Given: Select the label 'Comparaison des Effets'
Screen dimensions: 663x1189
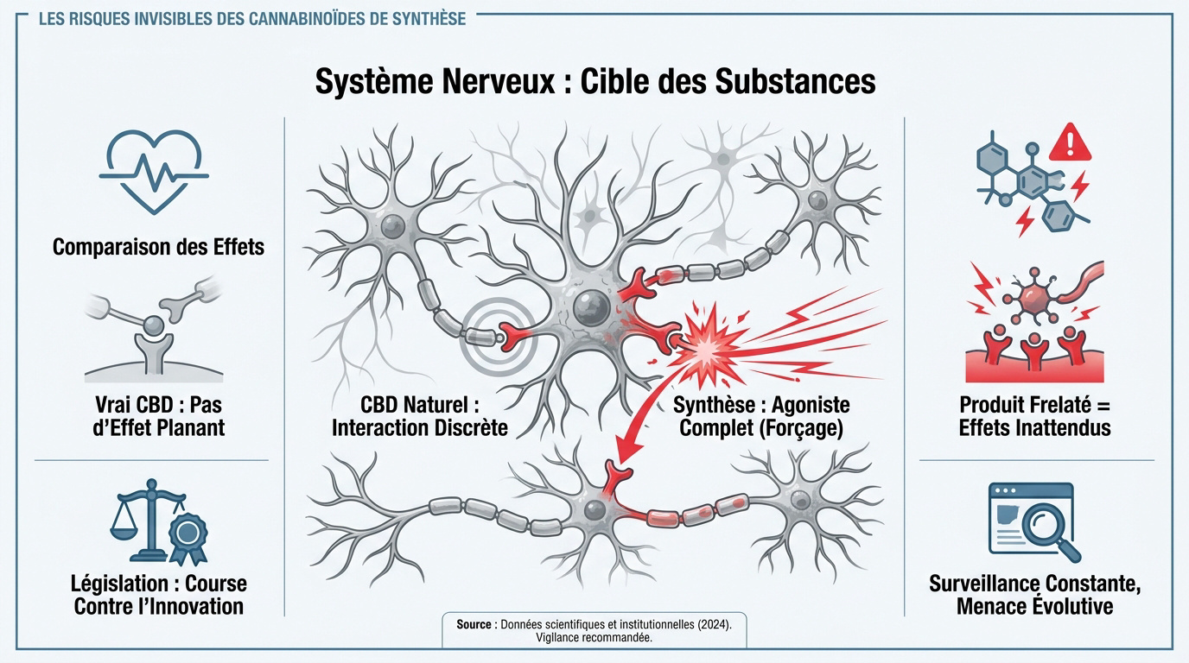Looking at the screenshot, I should coord(158,247).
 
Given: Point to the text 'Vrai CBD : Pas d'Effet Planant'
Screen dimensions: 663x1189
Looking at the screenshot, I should coord(158,415).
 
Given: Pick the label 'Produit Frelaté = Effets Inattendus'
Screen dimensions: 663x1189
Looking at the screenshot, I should coord(1034,415).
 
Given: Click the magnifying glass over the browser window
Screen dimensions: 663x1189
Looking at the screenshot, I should coord(1047,526).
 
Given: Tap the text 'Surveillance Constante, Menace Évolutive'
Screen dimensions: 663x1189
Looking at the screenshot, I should coord(1034,594).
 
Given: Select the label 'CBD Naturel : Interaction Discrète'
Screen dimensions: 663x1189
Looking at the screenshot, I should coord(420,415).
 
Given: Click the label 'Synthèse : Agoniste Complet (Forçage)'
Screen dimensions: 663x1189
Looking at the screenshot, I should coord(760,415).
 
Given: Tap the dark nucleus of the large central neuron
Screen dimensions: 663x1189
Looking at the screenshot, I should coord(591,306).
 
